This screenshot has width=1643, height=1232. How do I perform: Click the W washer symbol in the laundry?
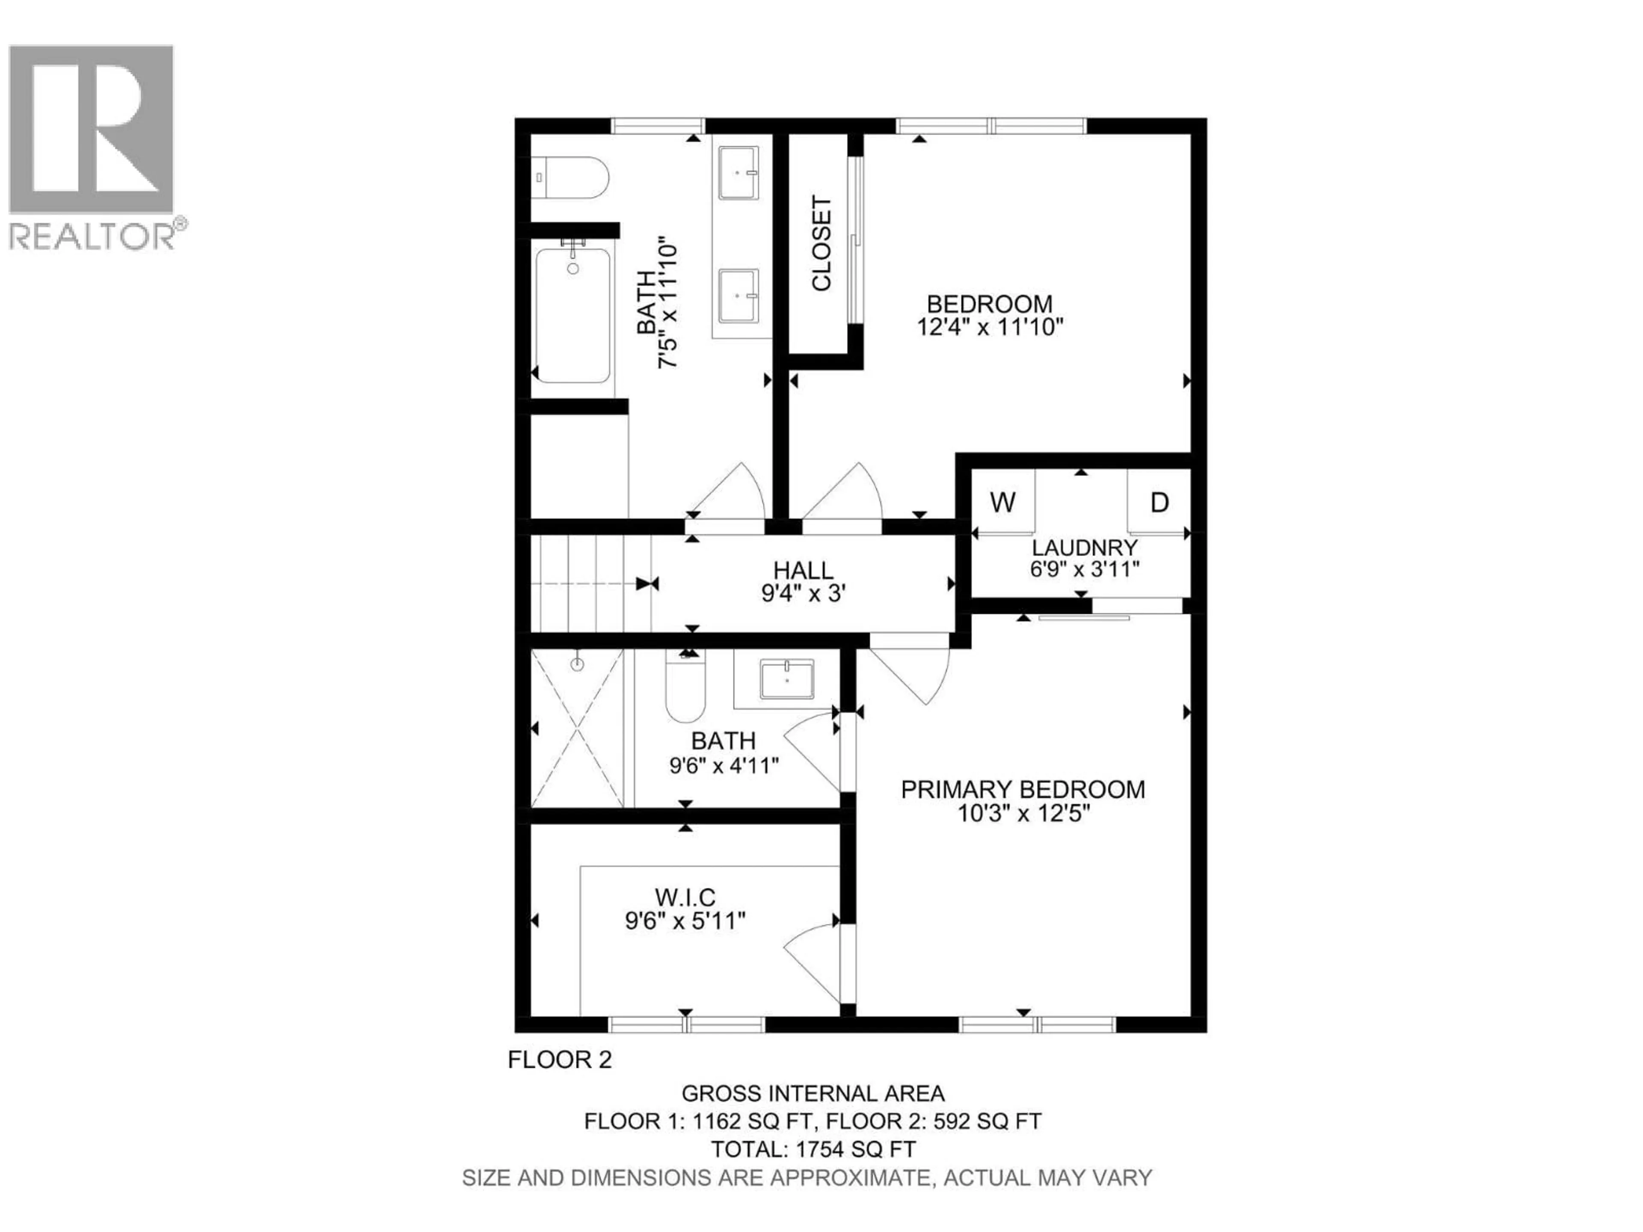pyautogui.click(x=1003, y=502)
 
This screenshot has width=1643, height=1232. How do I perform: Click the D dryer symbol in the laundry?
pyautogui.click(x=1160, y=502)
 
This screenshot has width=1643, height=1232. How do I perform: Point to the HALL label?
pyautogui.click(x=803, y=570)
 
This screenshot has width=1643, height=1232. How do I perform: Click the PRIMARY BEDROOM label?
pyautogui.click(x=1023, y=789)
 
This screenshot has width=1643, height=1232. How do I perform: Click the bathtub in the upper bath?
pyautogui.click(x=572, y=316)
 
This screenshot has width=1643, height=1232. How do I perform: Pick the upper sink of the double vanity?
pyautogui.click(x=738, y=173)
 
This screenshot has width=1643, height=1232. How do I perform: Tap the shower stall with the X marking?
pyautogui.click(x=577, y=727)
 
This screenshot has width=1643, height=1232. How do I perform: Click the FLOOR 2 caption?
pyautogui.click(x=559, y=1060)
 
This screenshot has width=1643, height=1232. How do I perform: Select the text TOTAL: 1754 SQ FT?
pyautogui.click(x=813, y=1149)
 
